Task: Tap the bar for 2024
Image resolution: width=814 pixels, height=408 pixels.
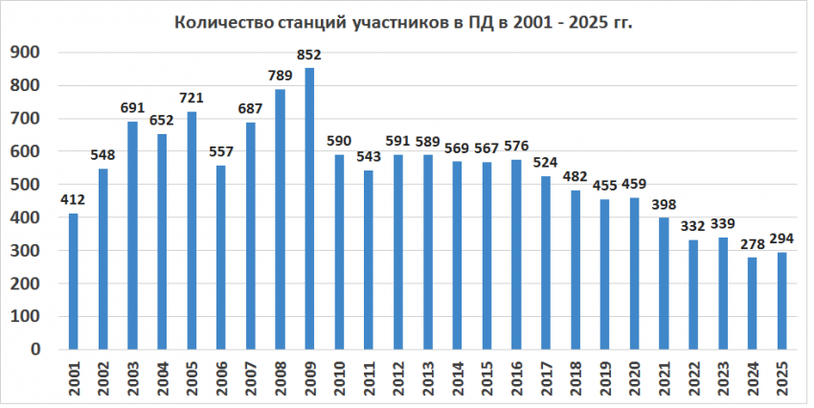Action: tap(753, 304)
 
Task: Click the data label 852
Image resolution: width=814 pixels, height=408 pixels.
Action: tap(309, 56)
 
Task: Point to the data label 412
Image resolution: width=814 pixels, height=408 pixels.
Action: tap(74, 200)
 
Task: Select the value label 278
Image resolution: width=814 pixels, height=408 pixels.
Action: tap(753, 244)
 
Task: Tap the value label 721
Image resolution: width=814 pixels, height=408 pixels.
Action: tap(192, 99)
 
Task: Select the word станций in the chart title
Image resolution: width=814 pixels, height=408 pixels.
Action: tap(304, 22)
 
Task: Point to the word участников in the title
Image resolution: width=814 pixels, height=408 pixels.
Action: tap(397, 22)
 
